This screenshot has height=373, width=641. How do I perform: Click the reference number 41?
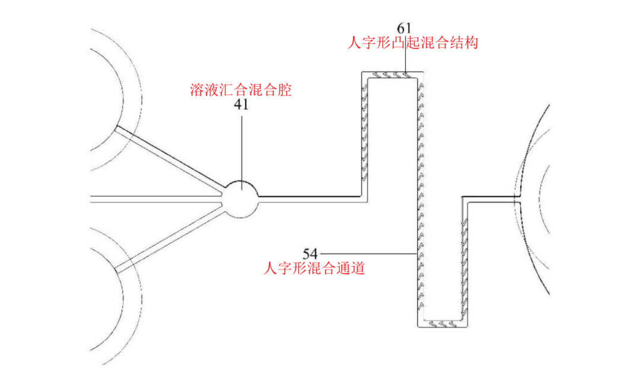(x=242, y=106)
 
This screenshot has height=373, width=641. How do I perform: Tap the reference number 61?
(x=404, y=28)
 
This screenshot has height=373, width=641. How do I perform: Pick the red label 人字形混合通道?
(x=314, y=268)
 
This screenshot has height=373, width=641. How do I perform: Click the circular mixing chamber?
(x=241, y=198)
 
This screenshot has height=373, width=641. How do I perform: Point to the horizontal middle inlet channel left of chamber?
(x=154, y=198)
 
